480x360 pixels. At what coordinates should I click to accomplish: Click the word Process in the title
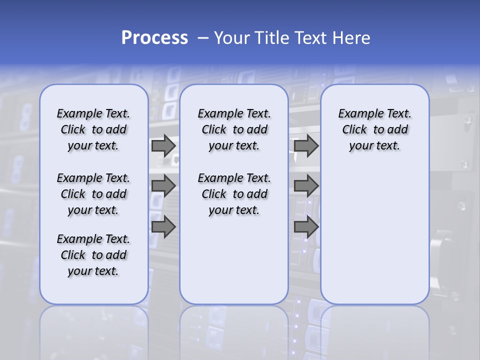[x=154, y=38]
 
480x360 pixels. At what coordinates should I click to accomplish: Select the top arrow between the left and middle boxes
[x=163, y=146]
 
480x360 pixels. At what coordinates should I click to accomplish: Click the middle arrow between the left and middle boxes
[x=163, y=186]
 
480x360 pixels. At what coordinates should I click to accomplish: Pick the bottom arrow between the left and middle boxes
[x=163, y=227]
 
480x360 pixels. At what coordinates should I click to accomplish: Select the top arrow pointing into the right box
[x=306, y=146]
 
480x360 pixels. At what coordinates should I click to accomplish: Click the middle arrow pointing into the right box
[x=306, y=186]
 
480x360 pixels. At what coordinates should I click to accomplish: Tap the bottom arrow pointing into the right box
[x=306, y=227]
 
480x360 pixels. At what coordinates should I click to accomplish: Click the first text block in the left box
[x=93, y=129]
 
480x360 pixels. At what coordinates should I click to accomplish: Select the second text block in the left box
[x=93, y=194]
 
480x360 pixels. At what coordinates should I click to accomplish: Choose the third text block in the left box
[x=93, y=255]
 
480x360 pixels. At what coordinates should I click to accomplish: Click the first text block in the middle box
[x=234, y=129]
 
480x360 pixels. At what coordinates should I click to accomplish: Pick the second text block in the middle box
[x=234, y=194]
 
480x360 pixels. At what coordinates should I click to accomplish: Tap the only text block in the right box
[x=374, y=129]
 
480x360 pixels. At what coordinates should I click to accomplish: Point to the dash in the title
[x=203, y=38]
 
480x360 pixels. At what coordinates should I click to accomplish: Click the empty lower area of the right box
[x=374, y=235]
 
